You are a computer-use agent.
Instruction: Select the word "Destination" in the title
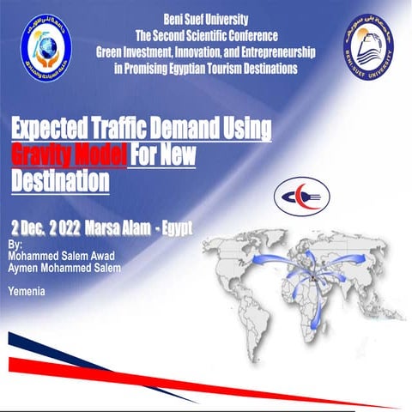pyautogui.click(x=60, y=180)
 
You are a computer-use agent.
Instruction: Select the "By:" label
pyautogui.click(x=14, y=245)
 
